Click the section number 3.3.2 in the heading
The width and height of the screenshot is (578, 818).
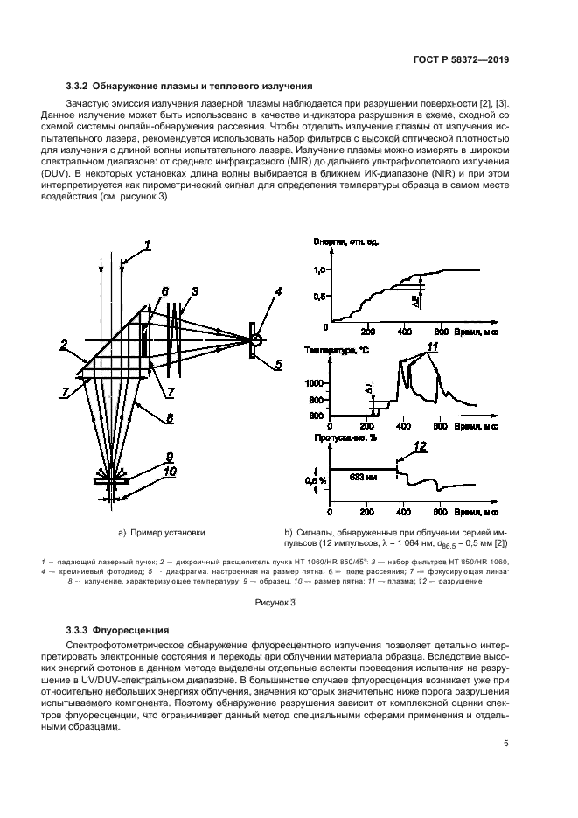[x=80, y=86]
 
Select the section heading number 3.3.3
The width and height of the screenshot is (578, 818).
[x=80, y=629]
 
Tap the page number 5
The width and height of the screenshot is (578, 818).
[x=506, y=745]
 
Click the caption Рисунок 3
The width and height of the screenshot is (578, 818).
[x=275, y=602]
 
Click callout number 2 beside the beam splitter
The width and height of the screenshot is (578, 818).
[x=63, y=344]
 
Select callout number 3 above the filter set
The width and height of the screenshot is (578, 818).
[x=195, y=291]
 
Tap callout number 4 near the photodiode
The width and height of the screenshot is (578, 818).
[x=277, y=291]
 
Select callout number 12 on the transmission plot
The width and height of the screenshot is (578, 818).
[x=420, y=447]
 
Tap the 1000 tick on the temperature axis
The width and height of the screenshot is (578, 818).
[x=314, y=383]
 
